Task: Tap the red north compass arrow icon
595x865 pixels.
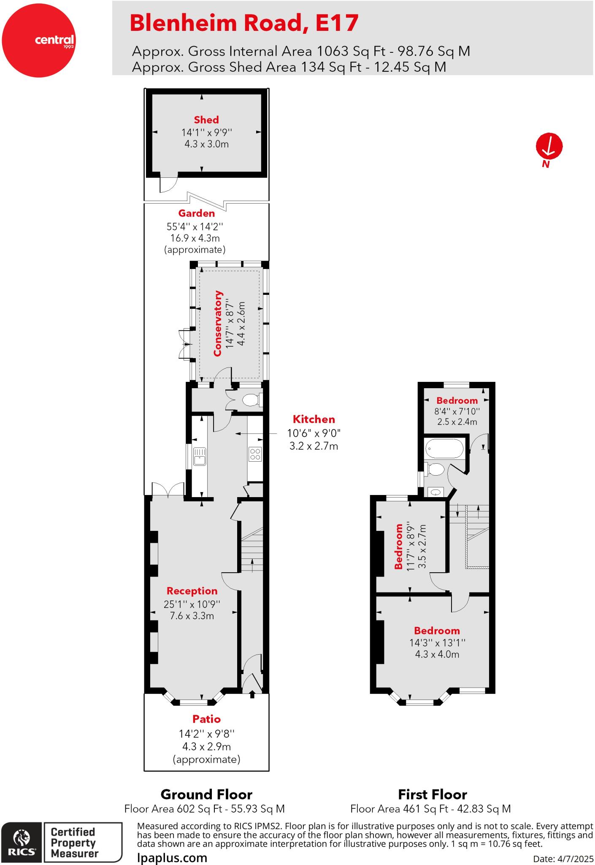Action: click(x=549, y=146)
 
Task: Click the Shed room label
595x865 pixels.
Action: click(x=206, y=120)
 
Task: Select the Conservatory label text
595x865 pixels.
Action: click(x=218, y=323)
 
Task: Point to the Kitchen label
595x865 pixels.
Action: click(x=314, y=419)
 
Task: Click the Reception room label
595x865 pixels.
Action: click(x=192, y=591)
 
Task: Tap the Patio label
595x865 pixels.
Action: click(x=207, y=719)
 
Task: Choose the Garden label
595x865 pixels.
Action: click(x=196, y=214)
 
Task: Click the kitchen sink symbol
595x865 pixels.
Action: click(x=200, y=457)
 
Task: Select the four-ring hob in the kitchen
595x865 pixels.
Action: click(x=255, y=454)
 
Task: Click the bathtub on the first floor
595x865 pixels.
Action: click(x=445, y=449)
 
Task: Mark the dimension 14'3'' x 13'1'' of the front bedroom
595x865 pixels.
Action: click(x=437, y=643)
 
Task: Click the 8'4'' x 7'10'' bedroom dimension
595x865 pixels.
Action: click(x=457, y=411)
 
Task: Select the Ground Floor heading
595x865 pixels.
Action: click(x=206, y=795)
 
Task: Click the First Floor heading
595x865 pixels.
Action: click(x=433, y=795)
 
